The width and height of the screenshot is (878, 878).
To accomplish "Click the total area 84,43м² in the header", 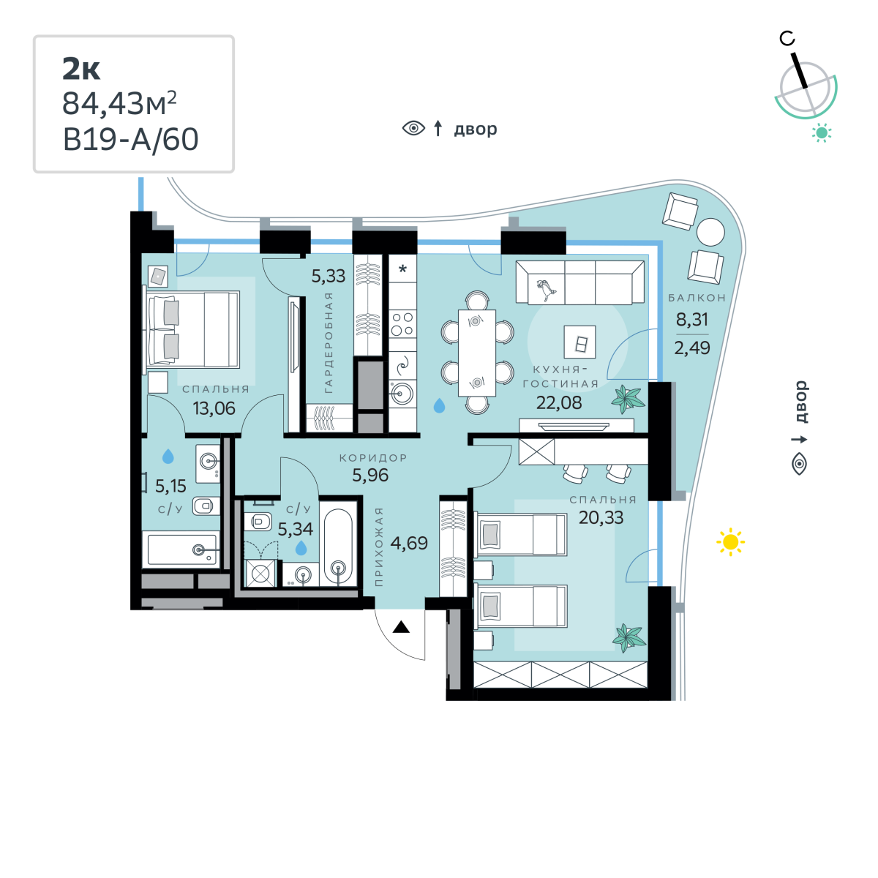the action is point(119,103).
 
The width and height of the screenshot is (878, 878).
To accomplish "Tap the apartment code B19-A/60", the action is point(130,140).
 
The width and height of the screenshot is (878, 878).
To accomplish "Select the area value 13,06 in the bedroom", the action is point(214,408).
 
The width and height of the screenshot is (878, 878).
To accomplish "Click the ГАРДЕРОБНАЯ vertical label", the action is point(329,342).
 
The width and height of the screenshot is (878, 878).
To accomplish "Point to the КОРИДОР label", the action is point(373,458).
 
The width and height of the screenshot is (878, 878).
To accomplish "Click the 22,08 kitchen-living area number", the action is point(559,402).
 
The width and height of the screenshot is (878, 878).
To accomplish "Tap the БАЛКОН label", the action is point(697,298).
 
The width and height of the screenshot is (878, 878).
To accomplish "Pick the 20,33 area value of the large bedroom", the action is point(601,517).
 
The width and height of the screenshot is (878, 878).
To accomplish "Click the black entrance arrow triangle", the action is point(401,627).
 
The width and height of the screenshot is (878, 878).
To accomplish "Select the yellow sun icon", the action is point(730,541).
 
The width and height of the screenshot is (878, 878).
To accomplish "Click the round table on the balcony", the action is point(710,232).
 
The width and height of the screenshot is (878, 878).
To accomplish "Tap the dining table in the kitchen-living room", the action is point(476,353).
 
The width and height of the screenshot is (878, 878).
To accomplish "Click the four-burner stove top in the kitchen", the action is point(402,323).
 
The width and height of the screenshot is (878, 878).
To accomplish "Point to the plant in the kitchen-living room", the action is point(628,399).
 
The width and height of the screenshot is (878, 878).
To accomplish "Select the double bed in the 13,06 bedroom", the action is point(192,329).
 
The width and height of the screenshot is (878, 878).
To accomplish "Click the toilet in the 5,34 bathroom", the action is point(258,521).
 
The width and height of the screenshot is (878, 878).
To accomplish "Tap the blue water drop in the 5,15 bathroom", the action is point(168,456).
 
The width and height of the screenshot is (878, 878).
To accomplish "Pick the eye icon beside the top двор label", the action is point(413,129).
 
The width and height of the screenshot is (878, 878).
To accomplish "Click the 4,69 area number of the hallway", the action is point(409,543).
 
